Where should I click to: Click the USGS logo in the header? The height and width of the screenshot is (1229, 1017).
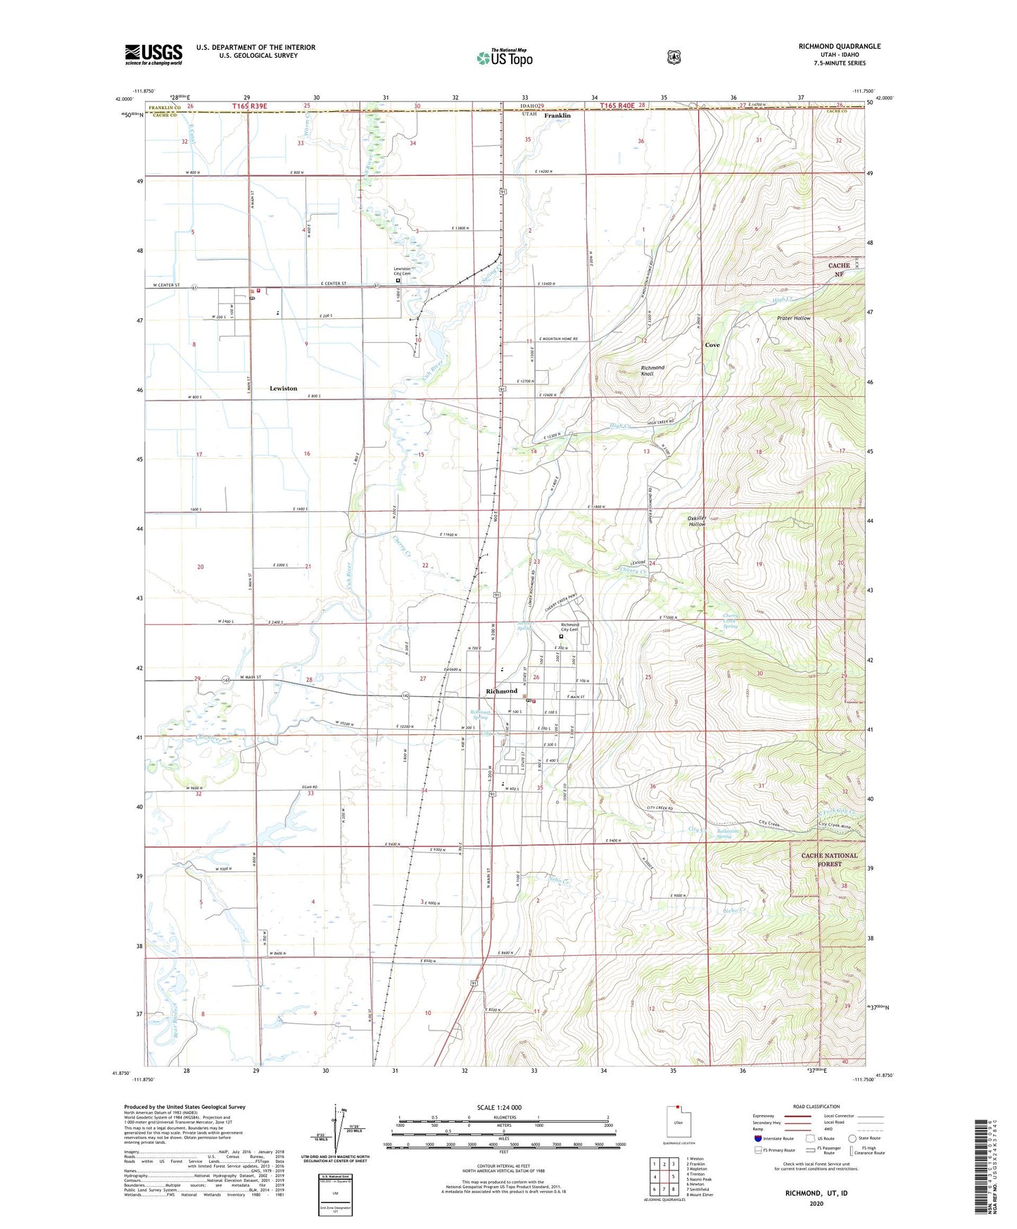tap(153, 53)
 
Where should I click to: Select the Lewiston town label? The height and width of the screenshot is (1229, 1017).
tap(284, 389)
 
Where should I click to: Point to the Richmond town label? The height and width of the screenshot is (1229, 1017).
tap(501, 691)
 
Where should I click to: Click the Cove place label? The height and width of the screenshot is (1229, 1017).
tap(712, 346)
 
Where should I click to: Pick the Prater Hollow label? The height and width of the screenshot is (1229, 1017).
tap(794, 318)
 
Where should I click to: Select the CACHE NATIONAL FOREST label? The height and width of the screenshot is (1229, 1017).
tap(829, 859)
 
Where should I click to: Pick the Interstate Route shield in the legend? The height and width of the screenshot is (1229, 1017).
tap(757, 1137)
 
